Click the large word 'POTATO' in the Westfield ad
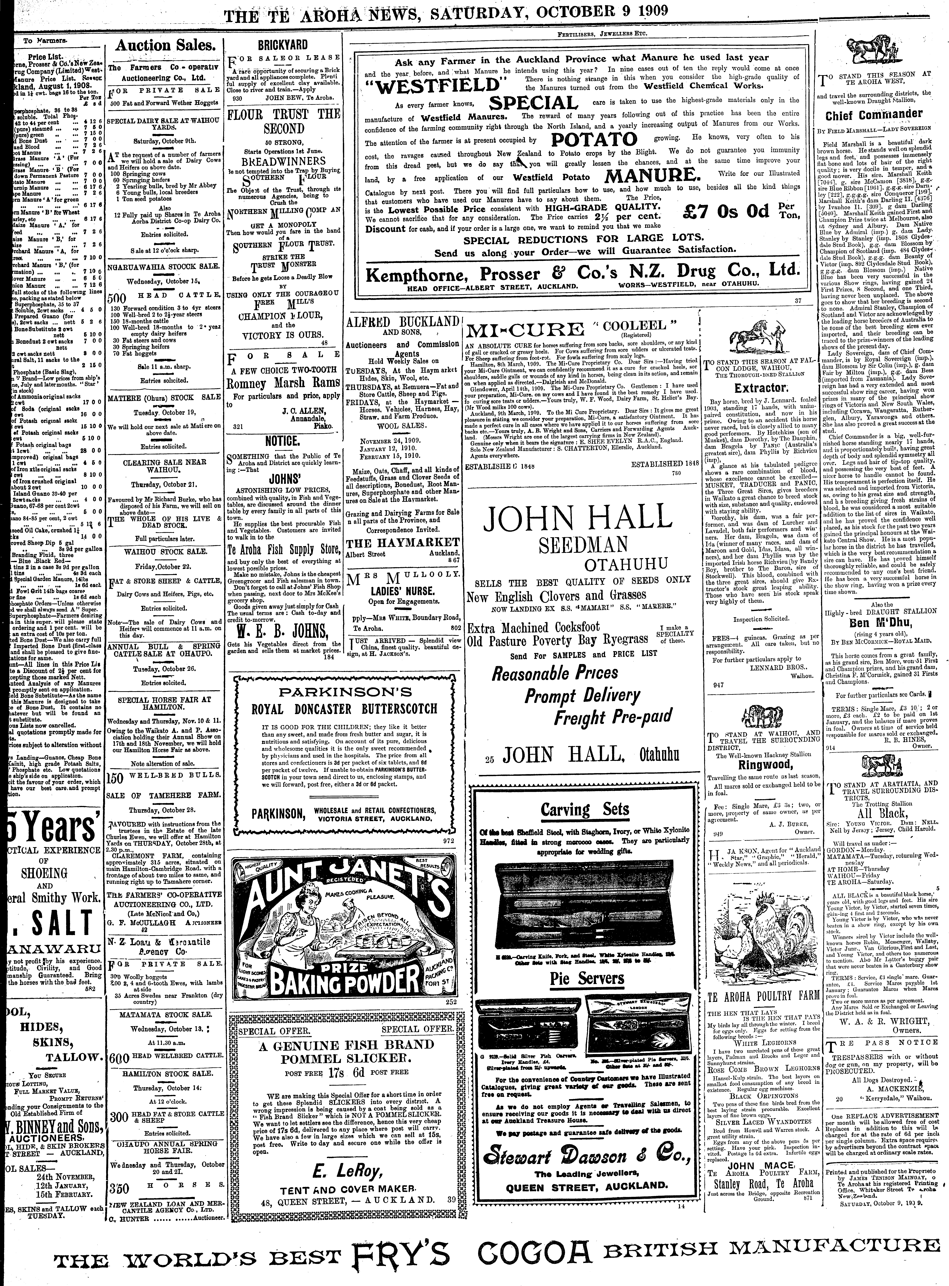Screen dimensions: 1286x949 coord(594,140)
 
